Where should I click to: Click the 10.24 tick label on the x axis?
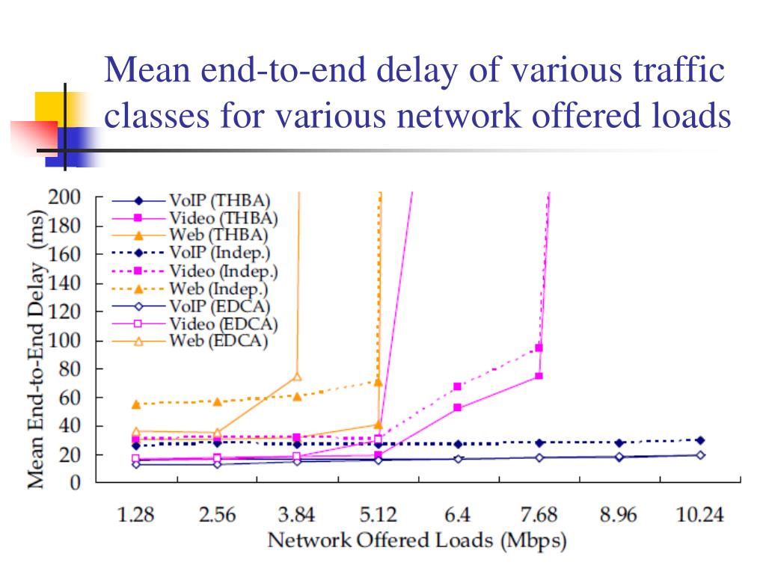pos(700,515)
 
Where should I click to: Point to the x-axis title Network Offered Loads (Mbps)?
pos(417,540)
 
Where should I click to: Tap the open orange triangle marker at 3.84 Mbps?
pos(297,377)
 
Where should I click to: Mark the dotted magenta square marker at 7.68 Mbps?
pos(539,348)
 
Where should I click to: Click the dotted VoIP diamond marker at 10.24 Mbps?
pos(700,440)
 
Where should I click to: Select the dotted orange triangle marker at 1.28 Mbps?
pos(136,404)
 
